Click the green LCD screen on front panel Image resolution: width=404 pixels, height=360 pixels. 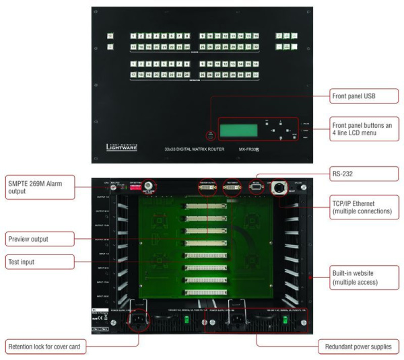(240, 129)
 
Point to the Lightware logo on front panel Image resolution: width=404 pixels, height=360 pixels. (123, 147)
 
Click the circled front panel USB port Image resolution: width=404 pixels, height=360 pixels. (211, 135)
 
